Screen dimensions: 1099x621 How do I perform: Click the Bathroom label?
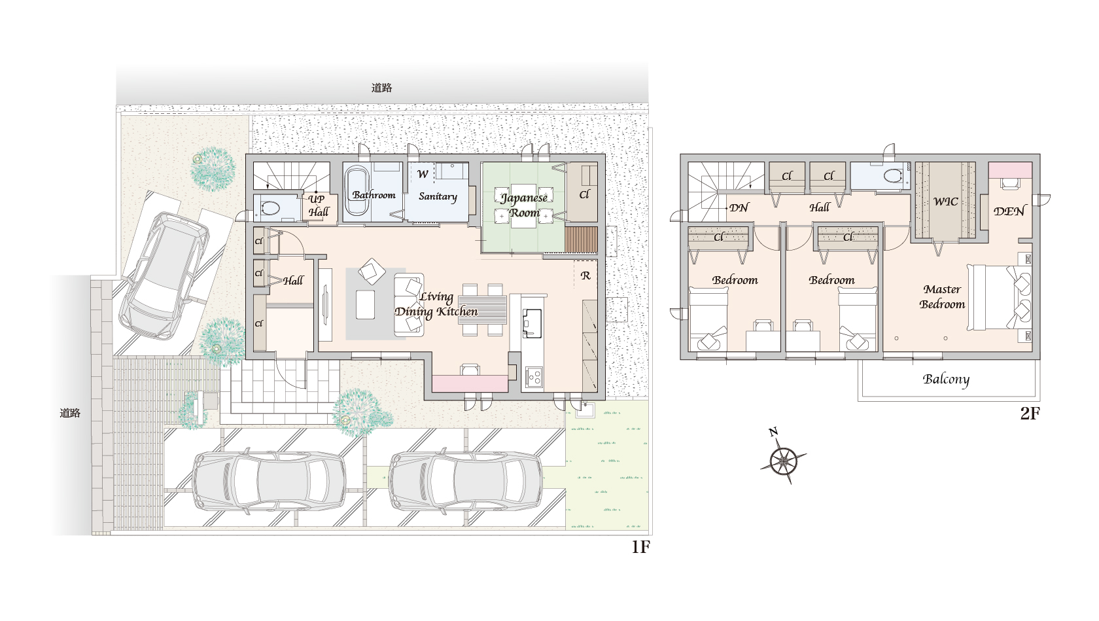374,195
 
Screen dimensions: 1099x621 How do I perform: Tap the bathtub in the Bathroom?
356,191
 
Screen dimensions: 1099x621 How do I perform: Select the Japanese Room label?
524,205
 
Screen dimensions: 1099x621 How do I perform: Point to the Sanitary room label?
438,196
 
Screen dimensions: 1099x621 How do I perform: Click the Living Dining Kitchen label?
436,304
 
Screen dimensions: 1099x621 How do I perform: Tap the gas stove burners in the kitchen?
534,377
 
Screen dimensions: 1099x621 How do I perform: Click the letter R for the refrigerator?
585,275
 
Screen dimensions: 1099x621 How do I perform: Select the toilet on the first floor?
269,208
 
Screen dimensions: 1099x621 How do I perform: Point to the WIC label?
945,202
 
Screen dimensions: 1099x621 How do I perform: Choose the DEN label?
1009,211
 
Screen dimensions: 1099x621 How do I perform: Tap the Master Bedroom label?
942,296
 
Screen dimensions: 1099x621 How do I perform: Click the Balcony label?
946,380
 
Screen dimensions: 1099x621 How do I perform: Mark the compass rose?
784,459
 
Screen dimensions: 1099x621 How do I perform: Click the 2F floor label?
1030,414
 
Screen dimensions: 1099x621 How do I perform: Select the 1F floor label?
641,547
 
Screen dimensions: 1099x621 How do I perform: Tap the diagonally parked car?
164,275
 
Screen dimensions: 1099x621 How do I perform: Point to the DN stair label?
739,207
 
